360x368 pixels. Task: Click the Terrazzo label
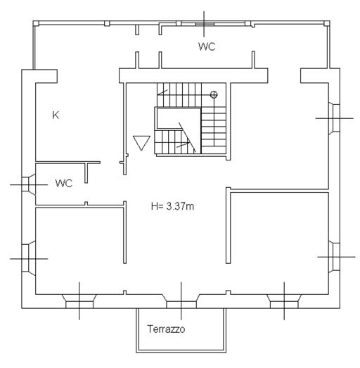166,329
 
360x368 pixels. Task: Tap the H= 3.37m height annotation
172,206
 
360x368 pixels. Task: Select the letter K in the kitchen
56,115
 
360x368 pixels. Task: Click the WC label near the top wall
207,46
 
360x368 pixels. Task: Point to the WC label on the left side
64,183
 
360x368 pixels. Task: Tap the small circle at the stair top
214,94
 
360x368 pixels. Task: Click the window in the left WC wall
29,184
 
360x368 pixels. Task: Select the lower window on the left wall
29,258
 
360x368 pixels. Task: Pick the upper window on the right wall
334,118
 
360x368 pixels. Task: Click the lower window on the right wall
334,257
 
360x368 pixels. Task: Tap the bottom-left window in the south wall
79,301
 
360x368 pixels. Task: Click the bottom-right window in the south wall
284,301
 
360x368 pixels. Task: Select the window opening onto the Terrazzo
181,301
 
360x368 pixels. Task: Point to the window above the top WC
205,24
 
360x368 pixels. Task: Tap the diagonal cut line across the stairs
187,137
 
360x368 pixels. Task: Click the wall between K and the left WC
68,162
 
